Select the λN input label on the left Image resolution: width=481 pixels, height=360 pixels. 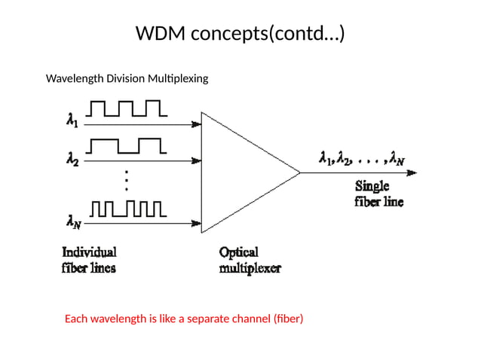[74, 222]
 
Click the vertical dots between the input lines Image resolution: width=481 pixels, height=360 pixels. [127, 180]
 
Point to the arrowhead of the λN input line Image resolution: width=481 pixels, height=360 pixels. [197, 223]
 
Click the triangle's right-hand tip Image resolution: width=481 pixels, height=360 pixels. [300, 172]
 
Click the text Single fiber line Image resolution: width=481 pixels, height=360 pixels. [378, 194]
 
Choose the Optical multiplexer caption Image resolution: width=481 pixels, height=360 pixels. [250, 260]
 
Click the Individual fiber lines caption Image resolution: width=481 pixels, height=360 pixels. [89, 260]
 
